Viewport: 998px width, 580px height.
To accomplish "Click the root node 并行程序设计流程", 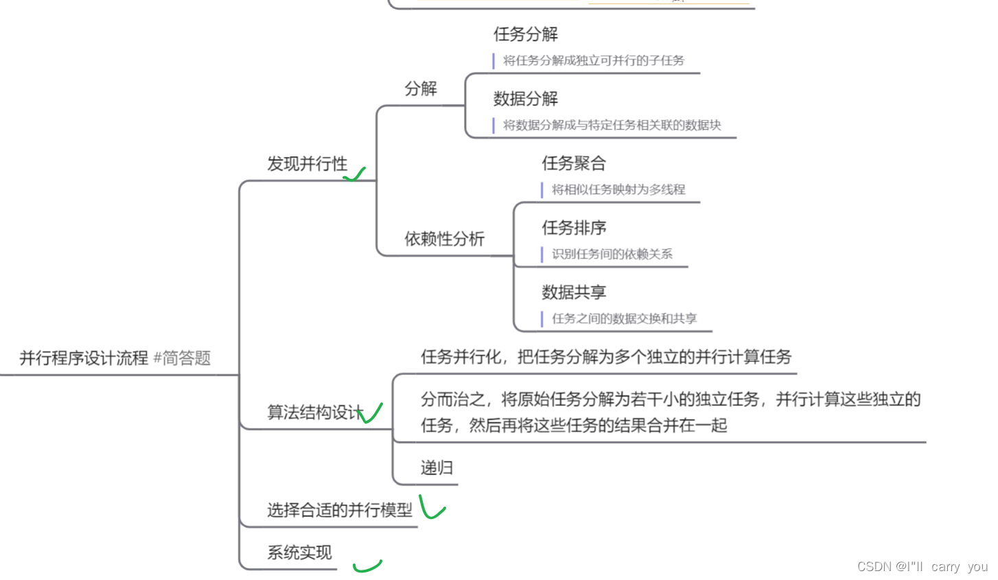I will [x=84, y=358].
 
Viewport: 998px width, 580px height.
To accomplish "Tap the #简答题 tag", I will [x=182, y=358].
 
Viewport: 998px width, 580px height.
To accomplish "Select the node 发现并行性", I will [x=307, y=164].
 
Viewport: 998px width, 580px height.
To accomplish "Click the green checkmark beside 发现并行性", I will [x=354, y=175].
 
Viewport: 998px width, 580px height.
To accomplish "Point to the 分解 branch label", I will [x=421, y=88].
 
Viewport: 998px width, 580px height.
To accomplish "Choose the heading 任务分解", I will [x=526, y=34].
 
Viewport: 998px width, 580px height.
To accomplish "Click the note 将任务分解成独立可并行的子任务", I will [x=594, y=60].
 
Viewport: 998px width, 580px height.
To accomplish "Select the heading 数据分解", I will [x=526, y=99].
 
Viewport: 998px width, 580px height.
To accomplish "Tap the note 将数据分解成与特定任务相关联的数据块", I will [x=612, y=125].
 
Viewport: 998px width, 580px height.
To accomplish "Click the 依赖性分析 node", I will [x=444, y=239].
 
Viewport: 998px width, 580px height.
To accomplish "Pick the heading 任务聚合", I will [x=574, y=163].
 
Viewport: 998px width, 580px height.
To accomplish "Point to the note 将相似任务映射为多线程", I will [x=618, y=189].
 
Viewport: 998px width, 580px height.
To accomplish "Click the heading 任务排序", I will [x=574, y=228].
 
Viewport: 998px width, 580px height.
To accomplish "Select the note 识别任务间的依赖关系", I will [x=612, y=254].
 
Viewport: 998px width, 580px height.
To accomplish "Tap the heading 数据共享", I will [x=574, y=292].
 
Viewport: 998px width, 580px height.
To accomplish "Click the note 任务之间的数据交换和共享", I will [x=625, y=318].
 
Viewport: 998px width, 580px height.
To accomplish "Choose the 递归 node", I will [x=437, y=468].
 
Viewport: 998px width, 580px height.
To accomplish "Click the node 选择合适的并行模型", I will [x=340, y=510].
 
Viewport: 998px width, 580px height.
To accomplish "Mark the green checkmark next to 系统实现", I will [x=367, y=566].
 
